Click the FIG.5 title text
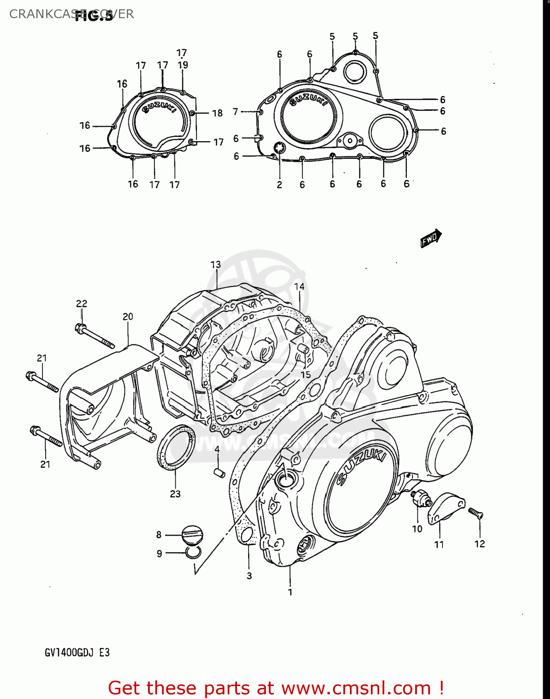94,16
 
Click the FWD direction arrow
431,238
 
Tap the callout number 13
216,265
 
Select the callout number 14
299,287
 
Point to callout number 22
82,304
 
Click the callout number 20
128,317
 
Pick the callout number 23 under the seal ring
175,494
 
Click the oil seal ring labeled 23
176,446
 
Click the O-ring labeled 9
192,553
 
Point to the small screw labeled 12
476,514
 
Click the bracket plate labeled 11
446,507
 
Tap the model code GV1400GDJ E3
77,652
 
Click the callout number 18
217,113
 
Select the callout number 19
183,65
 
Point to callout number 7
236,112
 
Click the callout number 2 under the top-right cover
279,185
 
